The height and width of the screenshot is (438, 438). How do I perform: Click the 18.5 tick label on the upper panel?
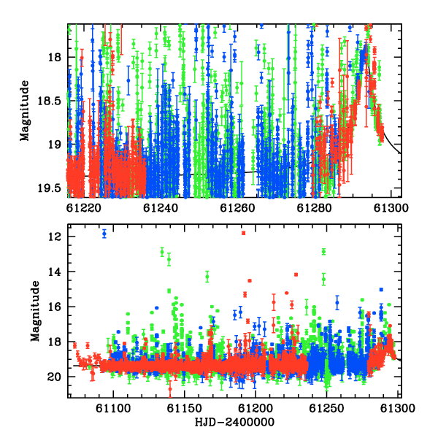click(x=49, y=101)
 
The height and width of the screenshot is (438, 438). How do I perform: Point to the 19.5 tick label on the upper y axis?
click(x=49, y=188)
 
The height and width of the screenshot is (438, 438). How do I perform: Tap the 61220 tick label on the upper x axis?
click(x=84, y=208)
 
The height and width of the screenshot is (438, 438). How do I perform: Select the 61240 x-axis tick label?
click(x=161, y=208)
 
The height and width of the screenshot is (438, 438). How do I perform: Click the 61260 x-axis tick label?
click(x=237, y=208)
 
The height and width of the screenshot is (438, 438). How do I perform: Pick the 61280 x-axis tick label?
click(x=314, y=208)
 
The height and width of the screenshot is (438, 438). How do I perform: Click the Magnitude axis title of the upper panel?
click(x=25, y=111)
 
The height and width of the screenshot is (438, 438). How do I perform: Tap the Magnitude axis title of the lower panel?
click(x=36, y=311)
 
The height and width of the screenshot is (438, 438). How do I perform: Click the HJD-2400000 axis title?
click(x=234, y=422)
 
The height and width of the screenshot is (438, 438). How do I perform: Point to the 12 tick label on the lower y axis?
click(x=54, y=237)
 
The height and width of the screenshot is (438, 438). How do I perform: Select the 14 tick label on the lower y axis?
click(x=54, y=272)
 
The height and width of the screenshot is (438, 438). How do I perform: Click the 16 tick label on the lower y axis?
click(x=54, y=307)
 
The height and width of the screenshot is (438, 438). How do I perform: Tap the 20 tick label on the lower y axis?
click(x=54, y=377)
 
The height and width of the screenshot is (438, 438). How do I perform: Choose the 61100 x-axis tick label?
click(x=113, y=408)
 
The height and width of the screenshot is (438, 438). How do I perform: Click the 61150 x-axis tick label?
click(x=185, y=408)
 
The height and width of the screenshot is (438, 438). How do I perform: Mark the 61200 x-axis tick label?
click(x=255, y=408)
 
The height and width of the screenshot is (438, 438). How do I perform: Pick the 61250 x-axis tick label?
click(x=326, y=408)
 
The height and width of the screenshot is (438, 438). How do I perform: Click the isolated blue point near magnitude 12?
click(x=104, y=234)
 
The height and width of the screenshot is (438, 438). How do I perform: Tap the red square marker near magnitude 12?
click(x=244, y=233)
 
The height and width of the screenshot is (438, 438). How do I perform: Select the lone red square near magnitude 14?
click(x=296, y=274)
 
